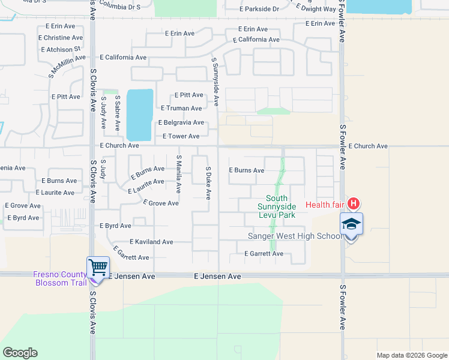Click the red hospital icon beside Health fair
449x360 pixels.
(x=354, y=204)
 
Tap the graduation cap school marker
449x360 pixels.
(x=351, y=224)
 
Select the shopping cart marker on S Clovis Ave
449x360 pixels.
(x=98, y=267)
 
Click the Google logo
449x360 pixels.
(x=20, y=353)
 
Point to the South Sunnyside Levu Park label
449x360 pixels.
(x=277, y=206)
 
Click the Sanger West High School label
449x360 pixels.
(x=295, y=236)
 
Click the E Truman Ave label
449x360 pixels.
(x=181, y=108)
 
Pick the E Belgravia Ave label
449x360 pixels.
(x=181, y=122)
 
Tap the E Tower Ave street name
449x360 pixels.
(x=181, y=136)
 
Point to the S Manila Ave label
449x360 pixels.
(x=179, y=173)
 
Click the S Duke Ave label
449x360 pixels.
(x=208, y=183)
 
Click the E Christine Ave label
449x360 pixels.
(x=60, y=37)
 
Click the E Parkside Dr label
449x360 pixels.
(x=259, y=9)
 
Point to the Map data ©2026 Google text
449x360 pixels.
(x=411, y=355)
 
